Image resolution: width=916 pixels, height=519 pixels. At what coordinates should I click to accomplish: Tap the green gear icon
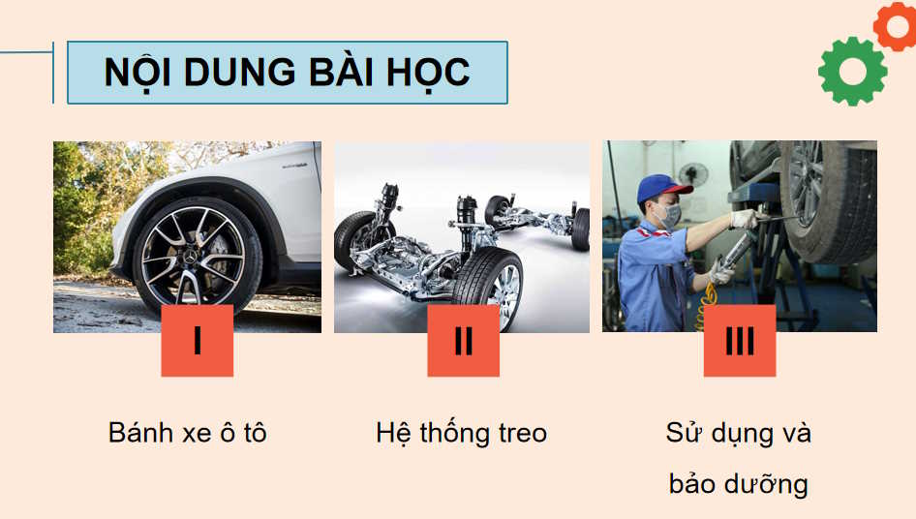click(852, 72)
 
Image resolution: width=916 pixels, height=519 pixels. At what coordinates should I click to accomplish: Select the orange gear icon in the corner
click(895, 24)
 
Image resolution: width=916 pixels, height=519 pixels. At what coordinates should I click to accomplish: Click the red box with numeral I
click(197, 340)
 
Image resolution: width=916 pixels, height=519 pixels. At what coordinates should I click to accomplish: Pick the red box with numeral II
click(463, 340)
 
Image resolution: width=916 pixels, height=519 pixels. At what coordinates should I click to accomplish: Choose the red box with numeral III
click(739, 340)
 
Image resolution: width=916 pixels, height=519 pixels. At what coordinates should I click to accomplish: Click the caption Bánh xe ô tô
click(187, 433)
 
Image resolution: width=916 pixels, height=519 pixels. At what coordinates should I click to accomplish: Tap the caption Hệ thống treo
click(461, 433)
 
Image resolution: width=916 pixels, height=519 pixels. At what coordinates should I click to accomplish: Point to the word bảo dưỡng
click(738, 482)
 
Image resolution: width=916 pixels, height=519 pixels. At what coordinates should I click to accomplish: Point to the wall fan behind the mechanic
click(693, 175)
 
